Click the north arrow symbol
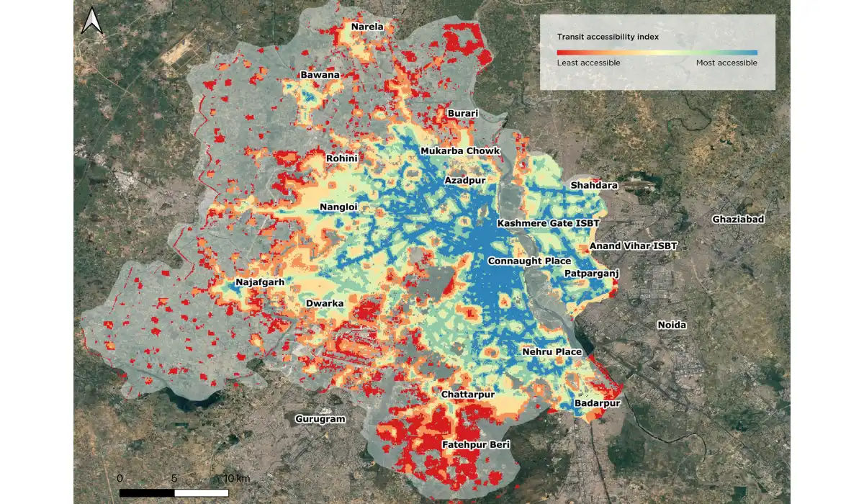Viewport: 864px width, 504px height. (x=91, y=21)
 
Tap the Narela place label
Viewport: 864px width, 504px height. (x=367, y=27)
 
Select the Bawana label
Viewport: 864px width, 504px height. (x=320, y=75)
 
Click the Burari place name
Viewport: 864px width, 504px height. (x=463, y=114)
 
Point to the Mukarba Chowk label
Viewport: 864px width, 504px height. (x=459, y=150)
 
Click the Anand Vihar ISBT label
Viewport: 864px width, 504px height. (x=634, y=246)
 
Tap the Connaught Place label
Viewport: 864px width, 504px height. (x=529, y=261)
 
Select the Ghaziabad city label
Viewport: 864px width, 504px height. (x=737, y=219)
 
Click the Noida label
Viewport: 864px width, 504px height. (x=672, y=325)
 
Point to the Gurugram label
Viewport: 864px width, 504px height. (x=320, y=419)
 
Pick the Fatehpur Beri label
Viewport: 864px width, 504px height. (x=475, y=445)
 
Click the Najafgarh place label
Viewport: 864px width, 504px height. (x=260, y=282)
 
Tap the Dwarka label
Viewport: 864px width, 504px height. (x=325, y=303)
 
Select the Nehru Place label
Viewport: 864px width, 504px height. (x=552, y=351)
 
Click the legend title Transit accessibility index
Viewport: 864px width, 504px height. (x=608, y=36)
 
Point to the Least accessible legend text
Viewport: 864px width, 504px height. (x=588, y=63)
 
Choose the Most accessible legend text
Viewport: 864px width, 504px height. (x=726, y=63)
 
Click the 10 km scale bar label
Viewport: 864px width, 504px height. (x=236, y=478)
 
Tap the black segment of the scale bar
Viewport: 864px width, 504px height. (x=147, y=492)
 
